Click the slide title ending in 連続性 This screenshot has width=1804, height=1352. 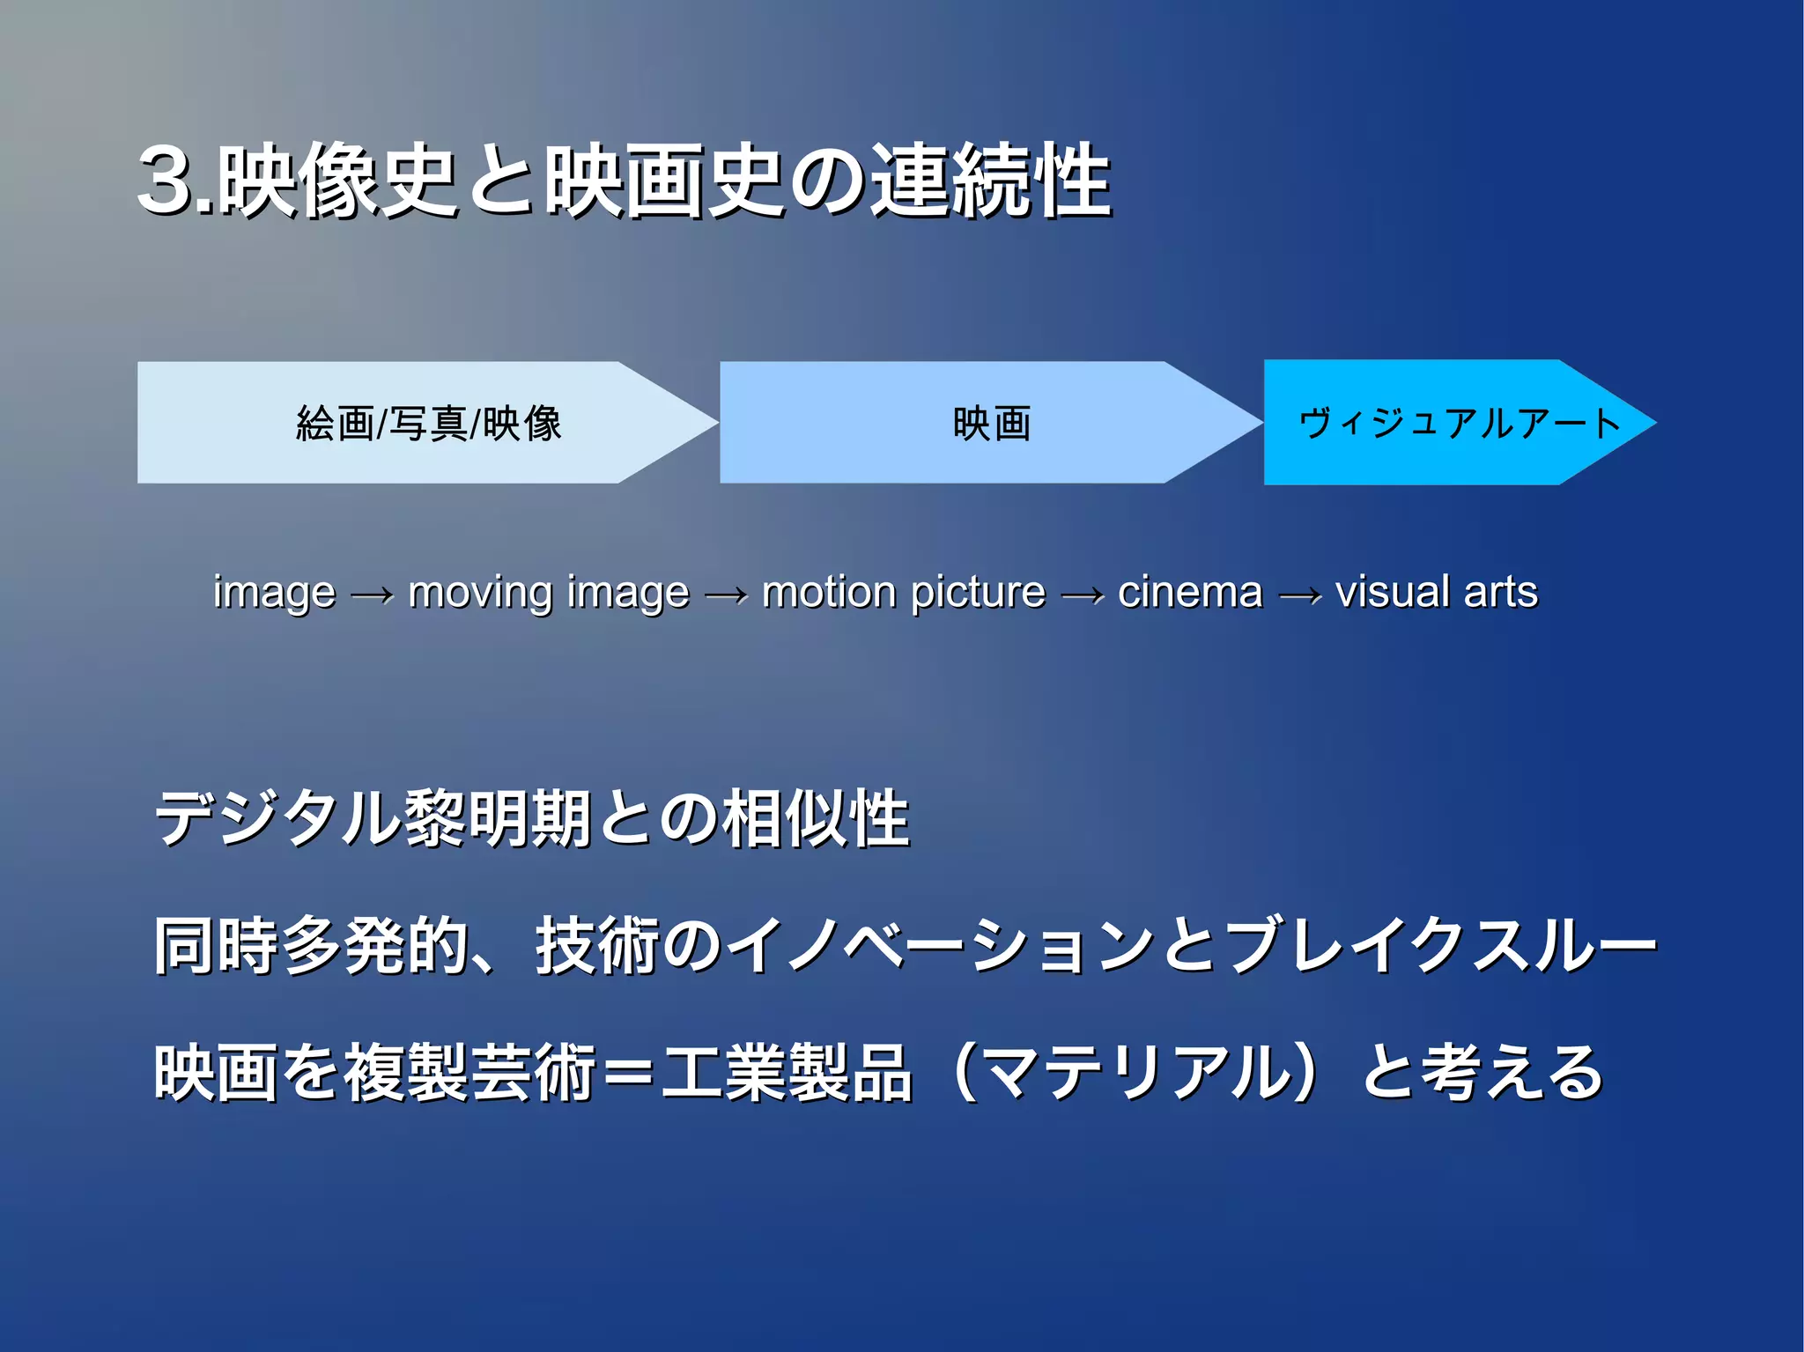click(x=624, y=181)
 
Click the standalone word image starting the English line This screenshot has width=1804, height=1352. click(x=274, y=593)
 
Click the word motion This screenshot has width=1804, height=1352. click(x=829, y=592)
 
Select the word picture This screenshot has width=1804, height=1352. click(x=978, y=593)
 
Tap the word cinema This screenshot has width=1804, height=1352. click(x=1189, y=592)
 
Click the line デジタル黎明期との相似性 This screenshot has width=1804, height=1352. click(x=531, y=818)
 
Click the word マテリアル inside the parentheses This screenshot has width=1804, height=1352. click(x=1135, y=1073)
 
